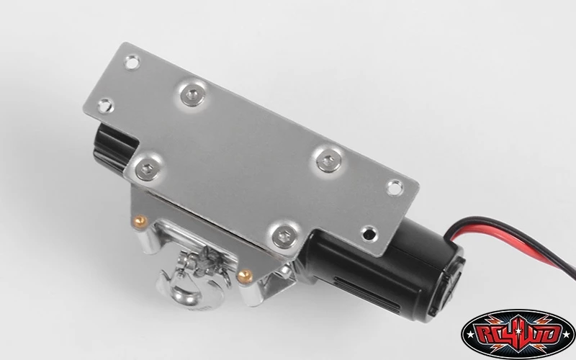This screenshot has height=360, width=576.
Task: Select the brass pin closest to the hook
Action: (x=243, y=273)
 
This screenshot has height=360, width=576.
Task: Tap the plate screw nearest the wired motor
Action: (x=282, y=234)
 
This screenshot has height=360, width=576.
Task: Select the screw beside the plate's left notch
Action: (x=148, y=163)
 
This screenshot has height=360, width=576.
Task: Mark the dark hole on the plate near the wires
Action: (x=370, y=233)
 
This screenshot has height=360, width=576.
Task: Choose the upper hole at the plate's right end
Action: (x=395, y=187)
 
